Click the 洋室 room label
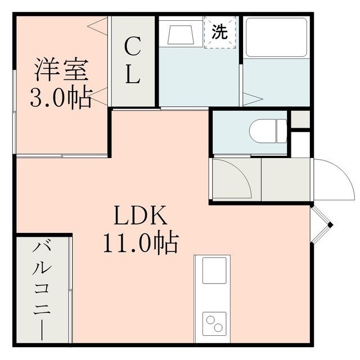point(61,70)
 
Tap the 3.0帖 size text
point(61,97)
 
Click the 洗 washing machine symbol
point(220,31)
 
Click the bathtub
point(276,38)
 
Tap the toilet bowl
point(263,130)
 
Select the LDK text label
point(141,215)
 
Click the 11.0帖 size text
point(141,243)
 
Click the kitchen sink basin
point(214,270)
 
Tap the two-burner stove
point(214,323)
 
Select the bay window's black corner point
point(330,225)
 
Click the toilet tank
point(282,130)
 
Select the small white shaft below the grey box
point(301,145)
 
